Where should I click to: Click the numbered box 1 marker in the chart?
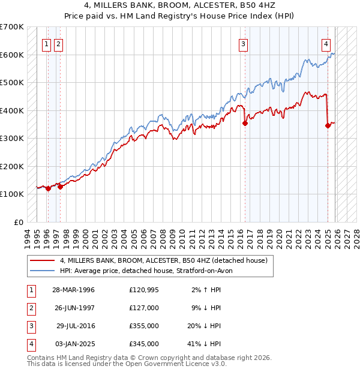47,43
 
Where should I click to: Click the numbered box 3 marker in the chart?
244,43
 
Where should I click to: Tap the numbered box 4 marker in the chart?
326,43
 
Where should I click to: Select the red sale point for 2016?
245,124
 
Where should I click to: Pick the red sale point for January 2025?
328,125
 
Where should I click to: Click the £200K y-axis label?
12,166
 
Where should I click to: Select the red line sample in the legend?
42,260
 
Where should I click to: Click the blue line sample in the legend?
42,271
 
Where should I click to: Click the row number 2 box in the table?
30,308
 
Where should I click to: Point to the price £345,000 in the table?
144,344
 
